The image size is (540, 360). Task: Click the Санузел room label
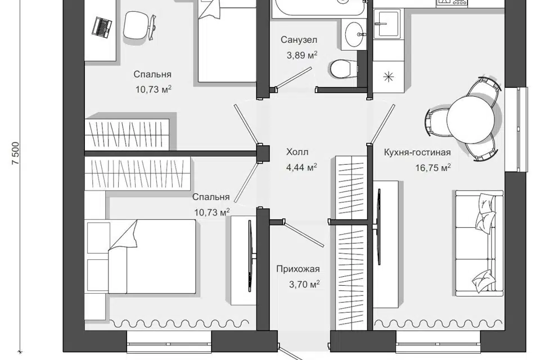point(299,40)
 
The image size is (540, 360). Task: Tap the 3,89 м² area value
point(301,55)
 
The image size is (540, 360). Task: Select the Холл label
point(297,152)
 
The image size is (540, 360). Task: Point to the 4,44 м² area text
point(301,168)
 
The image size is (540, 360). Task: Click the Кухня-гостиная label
point(417,152)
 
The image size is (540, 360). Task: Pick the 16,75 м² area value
point(433,168)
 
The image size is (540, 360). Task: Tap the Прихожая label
point(298,269)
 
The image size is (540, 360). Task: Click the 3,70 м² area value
point(304,284)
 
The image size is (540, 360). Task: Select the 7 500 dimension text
point(16,154)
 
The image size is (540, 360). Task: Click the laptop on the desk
point(102,27)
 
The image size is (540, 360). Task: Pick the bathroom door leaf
point(294,77)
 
